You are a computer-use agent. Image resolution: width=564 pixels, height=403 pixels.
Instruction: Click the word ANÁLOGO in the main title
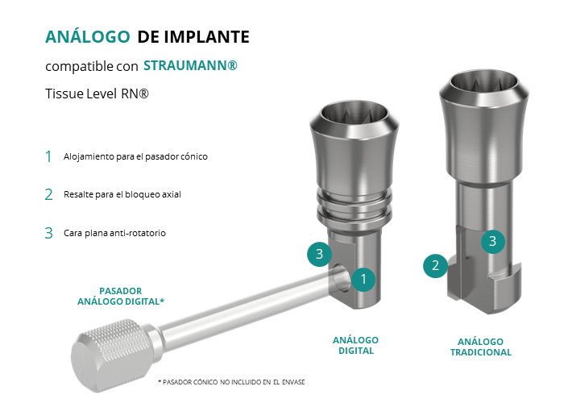coord(87,36)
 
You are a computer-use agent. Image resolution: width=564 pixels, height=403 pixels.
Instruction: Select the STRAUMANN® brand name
coord(190,65)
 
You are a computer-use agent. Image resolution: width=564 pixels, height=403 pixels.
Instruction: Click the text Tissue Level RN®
coord(97,93)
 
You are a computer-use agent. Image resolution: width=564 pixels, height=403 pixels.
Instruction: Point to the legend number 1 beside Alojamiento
coord(48,156)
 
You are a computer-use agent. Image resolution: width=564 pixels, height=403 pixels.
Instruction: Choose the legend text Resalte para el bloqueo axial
coord(122,194)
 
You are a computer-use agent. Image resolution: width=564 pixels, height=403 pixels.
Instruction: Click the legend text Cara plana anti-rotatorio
coord(114,233)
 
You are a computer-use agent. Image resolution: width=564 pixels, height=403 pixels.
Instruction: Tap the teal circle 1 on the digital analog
coord(363,279)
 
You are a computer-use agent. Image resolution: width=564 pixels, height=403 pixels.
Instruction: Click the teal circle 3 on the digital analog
coord(319,254)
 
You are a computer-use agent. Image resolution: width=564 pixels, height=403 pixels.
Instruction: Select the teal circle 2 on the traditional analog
coord(435,265)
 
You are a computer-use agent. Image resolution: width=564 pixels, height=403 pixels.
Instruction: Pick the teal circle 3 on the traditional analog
coord(493,241)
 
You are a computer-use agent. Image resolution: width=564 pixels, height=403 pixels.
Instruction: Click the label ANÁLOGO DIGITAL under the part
coord(356,346)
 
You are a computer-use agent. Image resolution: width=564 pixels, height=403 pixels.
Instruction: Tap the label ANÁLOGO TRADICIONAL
coord(481,347)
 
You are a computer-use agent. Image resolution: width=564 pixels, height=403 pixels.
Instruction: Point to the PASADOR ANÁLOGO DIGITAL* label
coord(121,296)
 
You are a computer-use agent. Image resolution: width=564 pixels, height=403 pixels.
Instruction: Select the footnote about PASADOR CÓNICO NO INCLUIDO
coord(231,382)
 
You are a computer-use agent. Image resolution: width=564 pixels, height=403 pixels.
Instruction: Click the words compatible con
coord(92,66)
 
